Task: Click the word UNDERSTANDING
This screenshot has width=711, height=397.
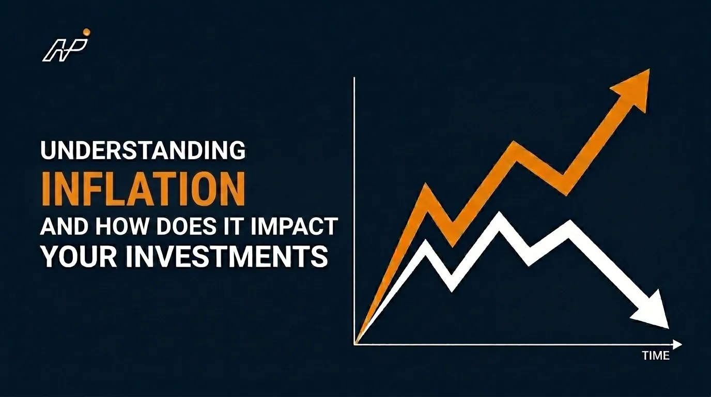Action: (x=143, y=150)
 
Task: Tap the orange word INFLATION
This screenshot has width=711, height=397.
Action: (x=144, y=190)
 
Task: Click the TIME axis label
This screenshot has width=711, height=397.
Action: (x=656, y=356)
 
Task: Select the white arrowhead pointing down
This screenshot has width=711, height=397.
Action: (x=651, y=311)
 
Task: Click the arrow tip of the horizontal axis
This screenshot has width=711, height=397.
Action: (x=682, y=344)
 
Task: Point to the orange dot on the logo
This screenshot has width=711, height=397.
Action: (x=86, y=32)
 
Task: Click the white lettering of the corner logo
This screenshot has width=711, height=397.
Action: (x=65, y=51)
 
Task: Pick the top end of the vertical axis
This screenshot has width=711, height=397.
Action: (x=354, y=77)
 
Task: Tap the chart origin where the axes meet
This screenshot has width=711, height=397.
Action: (x=354, y=344)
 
